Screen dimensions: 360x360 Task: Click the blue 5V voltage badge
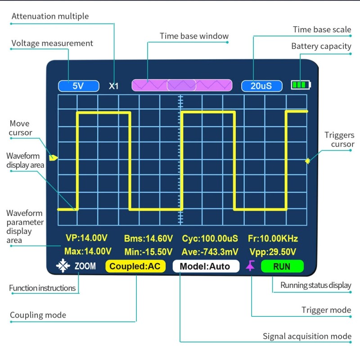point(78,86)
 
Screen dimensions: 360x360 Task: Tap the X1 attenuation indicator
point(114,86)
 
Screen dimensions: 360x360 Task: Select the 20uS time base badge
point(261,86)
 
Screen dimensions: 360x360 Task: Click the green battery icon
point(301,85)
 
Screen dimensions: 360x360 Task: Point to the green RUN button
point(282,266)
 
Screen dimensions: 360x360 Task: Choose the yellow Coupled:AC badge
point(135,266)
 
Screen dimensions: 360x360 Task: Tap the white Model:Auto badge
point(205,266)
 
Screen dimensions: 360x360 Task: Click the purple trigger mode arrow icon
point(250,266)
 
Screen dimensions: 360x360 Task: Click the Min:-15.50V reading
point(148,252)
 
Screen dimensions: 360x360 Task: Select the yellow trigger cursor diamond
point(308,161)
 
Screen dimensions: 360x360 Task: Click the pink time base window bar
point(182,85)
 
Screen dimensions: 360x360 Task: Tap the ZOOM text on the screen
point(85,266)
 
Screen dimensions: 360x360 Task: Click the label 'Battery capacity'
point(321,46)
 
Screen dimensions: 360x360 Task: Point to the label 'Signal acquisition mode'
point(307,336)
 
